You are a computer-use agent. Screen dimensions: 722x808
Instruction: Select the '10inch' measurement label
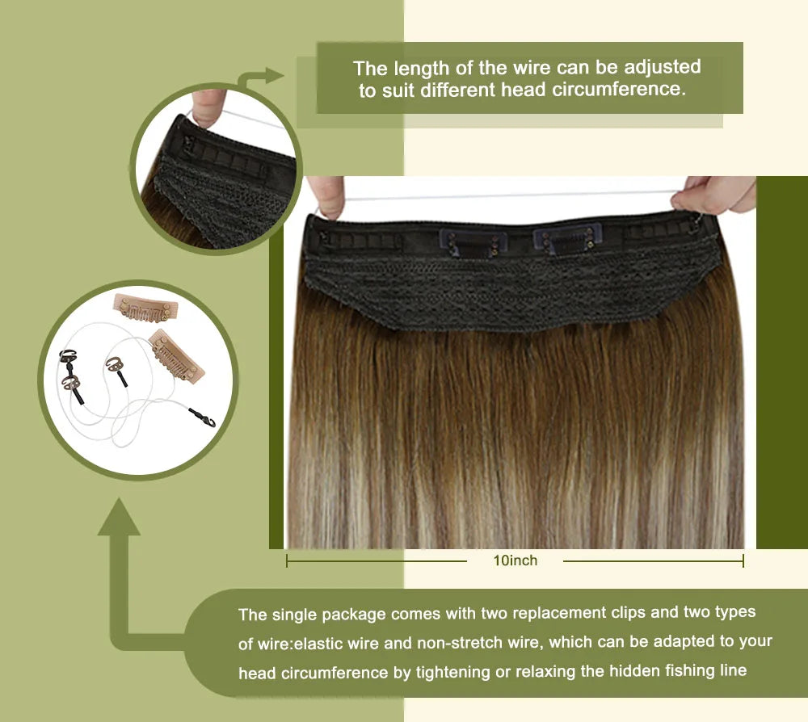pyautogui.click(x=515, y=560)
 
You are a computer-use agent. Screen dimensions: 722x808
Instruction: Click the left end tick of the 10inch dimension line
pyautogui.click(x=287, y=560)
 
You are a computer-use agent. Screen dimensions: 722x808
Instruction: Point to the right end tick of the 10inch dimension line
pyautogui.click(x=743, y=560)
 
